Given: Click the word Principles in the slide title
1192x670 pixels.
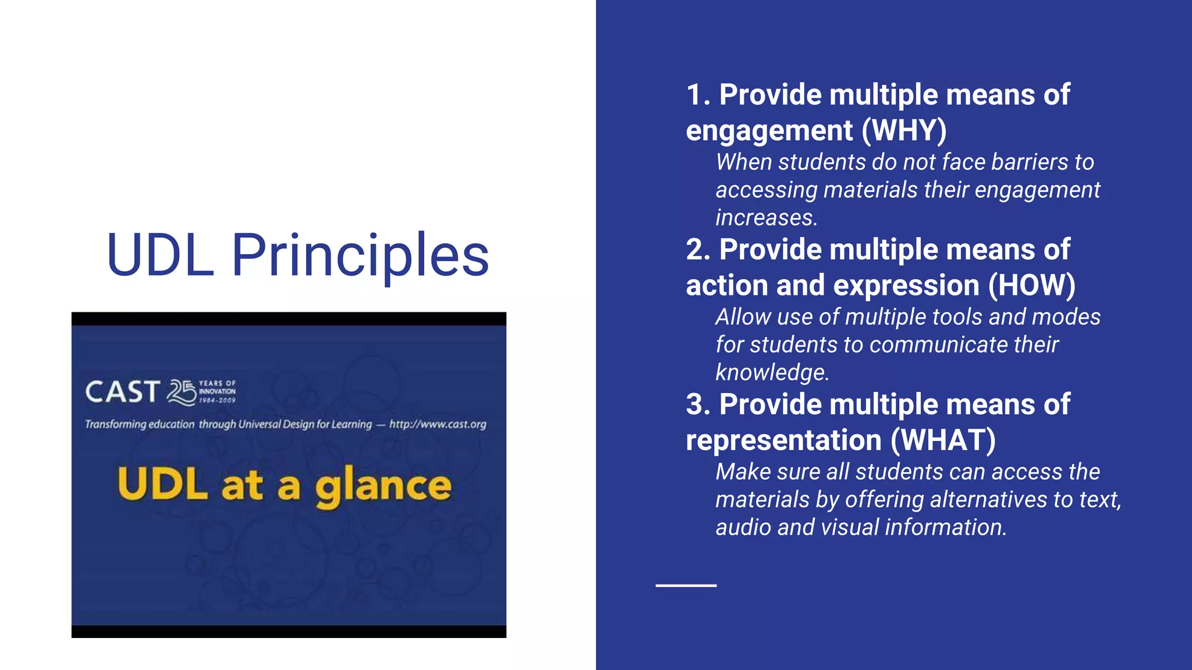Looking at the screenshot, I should tap(360, 256).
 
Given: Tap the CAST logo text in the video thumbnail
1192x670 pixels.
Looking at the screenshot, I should tap(122, 392).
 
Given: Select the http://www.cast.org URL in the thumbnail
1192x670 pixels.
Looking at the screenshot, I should tap(438, 425).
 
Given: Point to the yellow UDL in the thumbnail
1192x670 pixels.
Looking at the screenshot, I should tap(162, 484).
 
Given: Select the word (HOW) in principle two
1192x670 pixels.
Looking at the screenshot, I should tap(1031, 286).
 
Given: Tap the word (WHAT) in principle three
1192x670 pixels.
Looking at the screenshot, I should tap(943, 440).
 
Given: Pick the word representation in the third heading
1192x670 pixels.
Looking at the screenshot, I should tap(783, 440).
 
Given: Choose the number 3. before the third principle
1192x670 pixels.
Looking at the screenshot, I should tap(698, 405).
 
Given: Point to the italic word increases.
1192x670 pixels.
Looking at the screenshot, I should tap(766, 218).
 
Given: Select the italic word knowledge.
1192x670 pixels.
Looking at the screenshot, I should tap(772, 373).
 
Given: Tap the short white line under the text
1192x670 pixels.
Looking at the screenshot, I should tap(686, 586).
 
